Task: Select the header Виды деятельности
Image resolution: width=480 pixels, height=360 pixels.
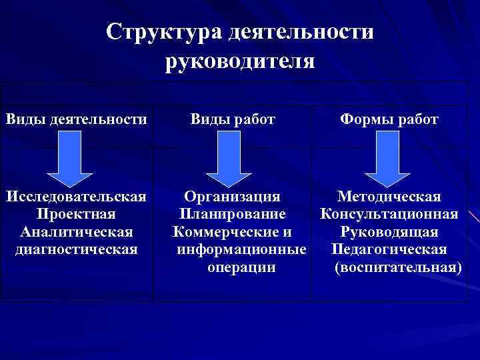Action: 77,119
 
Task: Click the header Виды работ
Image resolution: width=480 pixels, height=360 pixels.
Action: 233,119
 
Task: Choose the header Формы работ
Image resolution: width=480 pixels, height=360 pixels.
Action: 389,119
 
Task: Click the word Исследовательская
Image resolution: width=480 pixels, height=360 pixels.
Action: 77,197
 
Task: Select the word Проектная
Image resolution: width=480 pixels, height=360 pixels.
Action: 77,215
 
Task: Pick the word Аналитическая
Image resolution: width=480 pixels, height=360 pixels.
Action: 77,232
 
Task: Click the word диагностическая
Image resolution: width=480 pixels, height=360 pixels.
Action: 77,249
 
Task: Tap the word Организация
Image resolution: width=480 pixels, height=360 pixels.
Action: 232,197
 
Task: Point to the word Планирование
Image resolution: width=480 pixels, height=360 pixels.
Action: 232,215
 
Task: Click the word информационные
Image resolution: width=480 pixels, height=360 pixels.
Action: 241,250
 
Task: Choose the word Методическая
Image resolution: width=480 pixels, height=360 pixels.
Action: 389,197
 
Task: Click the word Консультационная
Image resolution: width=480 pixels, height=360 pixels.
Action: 389,215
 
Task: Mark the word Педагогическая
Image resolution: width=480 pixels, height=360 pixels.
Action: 389,250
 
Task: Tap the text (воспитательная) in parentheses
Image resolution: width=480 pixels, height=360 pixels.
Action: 397,267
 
